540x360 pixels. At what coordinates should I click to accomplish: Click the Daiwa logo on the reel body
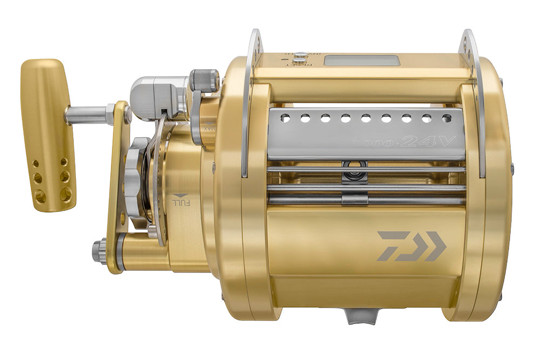click(411, 246)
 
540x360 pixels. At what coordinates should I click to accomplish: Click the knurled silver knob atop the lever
click(205, 80)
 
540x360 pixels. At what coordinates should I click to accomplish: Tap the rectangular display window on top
click(361, 60)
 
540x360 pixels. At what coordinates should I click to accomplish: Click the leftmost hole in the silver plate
click(286, 118)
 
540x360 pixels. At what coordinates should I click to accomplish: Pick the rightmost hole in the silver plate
click(446, 118)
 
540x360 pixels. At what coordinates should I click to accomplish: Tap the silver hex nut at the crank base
click(99, 250)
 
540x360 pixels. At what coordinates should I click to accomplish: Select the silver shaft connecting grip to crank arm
click(86, 114)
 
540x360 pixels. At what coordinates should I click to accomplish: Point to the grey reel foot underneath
click(361, 316)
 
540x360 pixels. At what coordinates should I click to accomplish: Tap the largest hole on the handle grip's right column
click(66, 194)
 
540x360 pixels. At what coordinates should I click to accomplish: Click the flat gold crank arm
click(117, 189)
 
